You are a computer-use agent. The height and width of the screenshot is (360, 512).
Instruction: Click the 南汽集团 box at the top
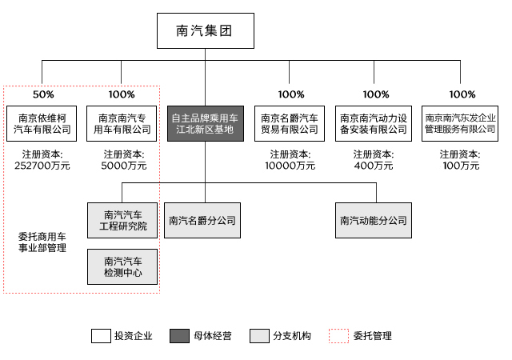[204, 33]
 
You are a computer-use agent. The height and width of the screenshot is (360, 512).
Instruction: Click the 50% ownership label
[42, 94]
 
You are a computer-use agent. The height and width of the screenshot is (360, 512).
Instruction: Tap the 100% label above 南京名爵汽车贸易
[290, 94]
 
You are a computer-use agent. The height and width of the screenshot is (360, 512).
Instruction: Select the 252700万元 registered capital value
[42, 166]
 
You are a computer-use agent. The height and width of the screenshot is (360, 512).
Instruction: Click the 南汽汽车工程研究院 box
[122, 221]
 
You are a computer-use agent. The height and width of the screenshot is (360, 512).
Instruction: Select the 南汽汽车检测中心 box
[122, 267]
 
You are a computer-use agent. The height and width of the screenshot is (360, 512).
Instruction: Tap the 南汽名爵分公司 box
[202, 221]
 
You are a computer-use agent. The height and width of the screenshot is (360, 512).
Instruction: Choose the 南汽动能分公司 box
[373, 221]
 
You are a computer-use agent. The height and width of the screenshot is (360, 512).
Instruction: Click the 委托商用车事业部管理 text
[42, 242]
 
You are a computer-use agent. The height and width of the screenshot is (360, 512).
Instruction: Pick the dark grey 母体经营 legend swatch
[180, 336]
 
